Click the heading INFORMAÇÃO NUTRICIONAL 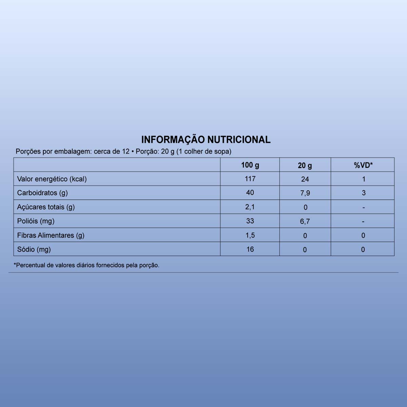pos(206,140)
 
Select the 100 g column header pos(250,165)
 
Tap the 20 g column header pos(305,166)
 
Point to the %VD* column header pos(363,166)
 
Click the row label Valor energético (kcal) pos(52,179)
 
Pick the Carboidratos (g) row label pos(42,193)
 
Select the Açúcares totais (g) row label pos(46,207)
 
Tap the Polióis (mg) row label pos(36,221)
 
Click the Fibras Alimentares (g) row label pos(51,235)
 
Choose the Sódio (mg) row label pos(34,249)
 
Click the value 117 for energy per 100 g pos(250,179)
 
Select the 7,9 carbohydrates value pos(305,193)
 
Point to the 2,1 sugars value pos(250,207)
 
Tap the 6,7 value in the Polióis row pos(305,221)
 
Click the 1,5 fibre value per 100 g pos(250,235)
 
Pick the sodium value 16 pos(250,249)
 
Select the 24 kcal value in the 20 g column pos(305,179)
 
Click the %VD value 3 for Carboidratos pos(364,193)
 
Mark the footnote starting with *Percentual pos(86,265)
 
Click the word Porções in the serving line pos(28,152)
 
